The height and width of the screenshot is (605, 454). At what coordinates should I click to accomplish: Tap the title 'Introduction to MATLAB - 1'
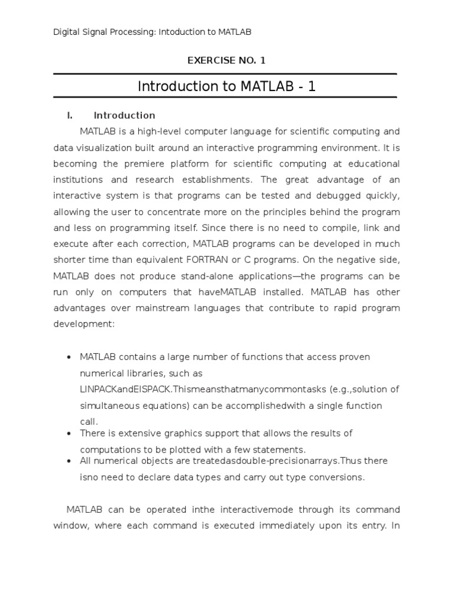[x=226, y=86]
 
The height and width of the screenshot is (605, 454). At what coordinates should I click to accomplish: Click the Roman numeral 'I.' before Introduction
[x=70, y=115]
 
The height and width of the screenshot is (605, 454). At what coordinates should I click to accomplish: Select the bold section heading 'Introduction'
[x=124, y=115]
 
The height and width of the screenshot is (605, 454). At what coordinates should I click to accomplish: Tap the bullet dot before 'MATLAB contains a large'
[x=70, y=357]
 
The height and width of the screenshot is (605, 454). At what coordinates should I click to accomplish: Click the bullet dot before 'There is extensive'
[x=70, y=434]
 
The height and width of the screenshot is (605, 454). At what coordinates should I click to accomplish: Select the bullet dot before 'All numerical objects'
[x=70, y=461]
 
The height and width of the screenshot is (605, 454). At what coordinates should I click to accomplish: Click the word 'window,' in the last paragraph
[x=70, y=525]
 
